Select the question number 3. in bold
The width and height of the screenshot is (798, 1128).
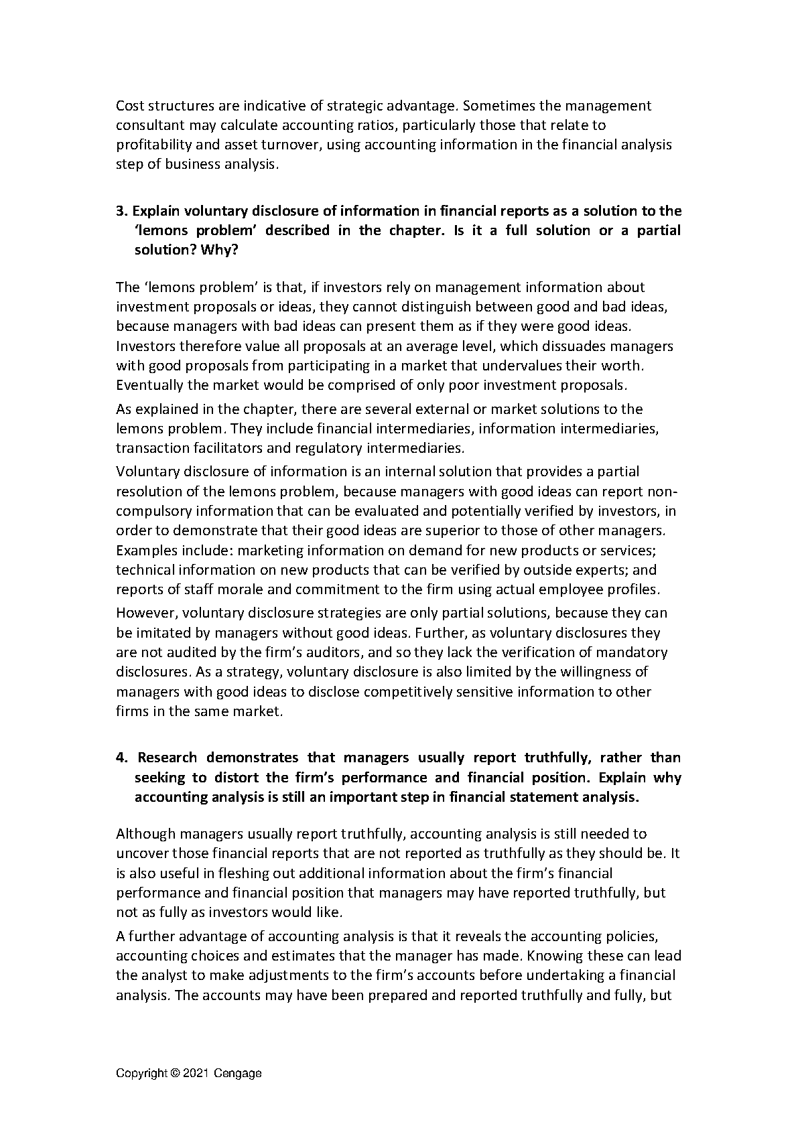(121, 211)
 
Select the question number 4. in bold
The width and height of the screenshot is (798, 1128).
(121, 758)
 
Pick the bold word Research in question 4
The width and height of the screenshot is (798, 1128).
(168, 758)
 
